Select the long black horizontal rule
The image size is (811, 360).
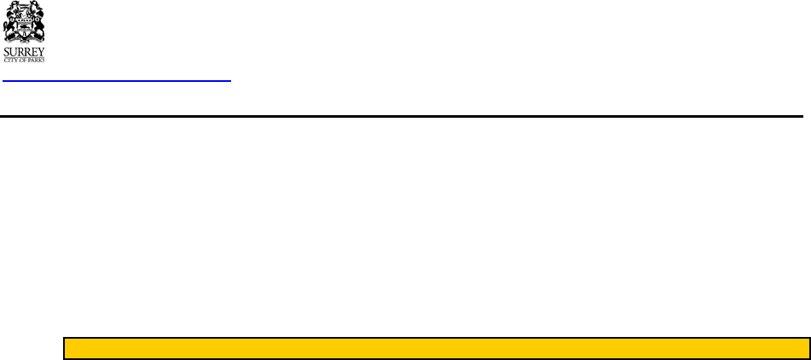pyautogui.click(x=401, y=115)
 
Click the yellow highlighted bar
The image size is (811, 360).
pyautogui.click(x=437, y=348)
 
